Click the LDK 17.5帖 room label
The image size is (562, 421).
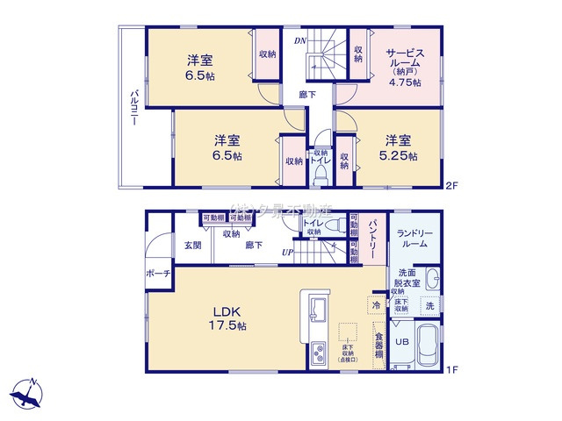pyautogui.click(x=227, y=318)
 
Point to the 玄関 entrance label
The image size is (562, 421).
pyautogui.click(x=191, y=246)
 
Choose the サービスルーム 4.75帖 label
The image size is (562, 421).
pyautogui.click(x=406, y=67)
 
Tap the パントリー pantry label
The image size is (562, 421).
pyautogui.click(x=373, y=237)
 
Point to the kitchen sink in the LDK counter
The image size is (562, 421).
pyautogui.click(x=317, y=310)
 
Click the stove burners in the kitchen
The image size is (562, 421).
pyautogui.click(x=316, y=356)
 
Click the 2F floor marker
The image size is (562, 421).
pyautogui.click(x=452, y=185)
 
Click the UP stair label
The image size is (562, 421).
pyautogui.click(x=286, y=253)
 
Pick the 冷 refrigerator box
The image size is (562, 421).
pyautogui.click(x=375, y=306)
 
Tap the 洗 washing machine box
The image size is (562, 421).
pyautogui.click(x=429, y=306)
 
